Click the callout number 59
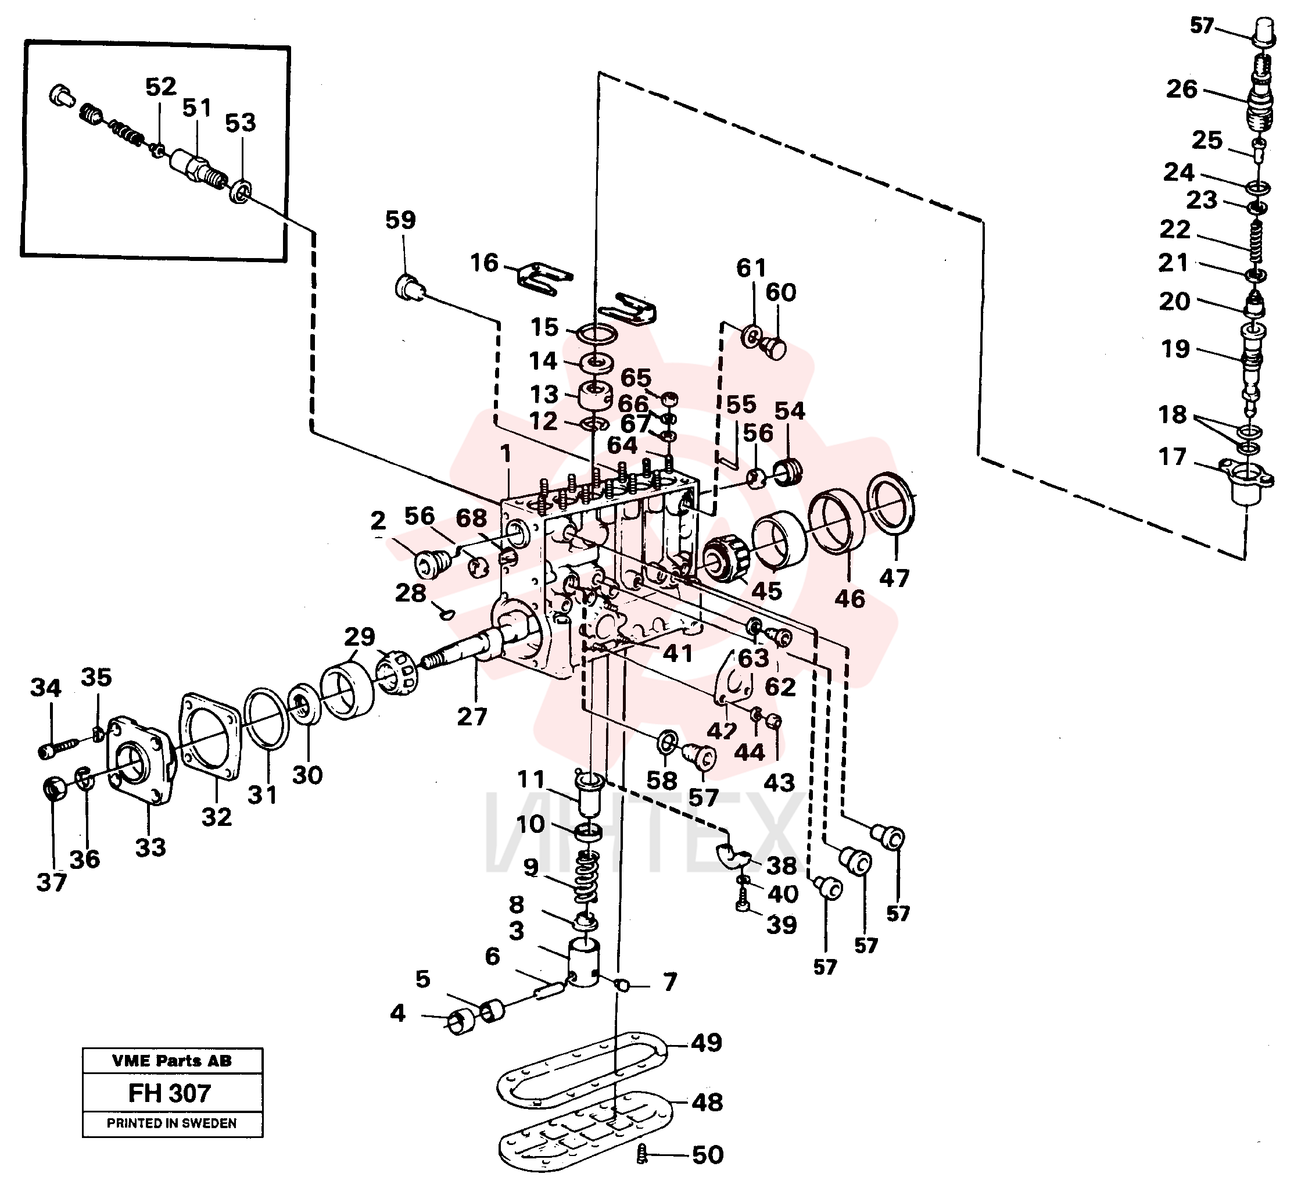click(x=400, y=220)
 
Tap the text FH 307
click(x=170, y=1093)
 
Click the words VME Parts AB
click(x=171, y=1061)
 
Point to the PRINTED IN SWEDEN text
click(x=171, y=1123)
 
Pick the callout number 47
click(x=894, y=578)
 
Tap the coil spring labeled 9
click(x=586, y=876)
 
